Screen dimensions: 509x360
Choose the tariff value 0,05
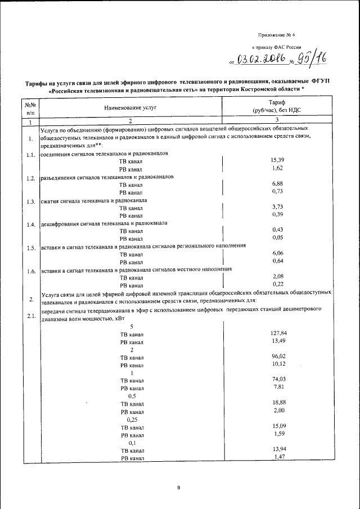(278, 237)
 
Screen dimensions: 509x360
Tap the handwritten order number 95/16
(309, 58)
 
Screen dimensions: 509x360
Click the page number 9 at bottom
(178, 488)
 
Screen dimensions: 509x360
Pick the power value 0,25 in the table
(132, 419)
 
